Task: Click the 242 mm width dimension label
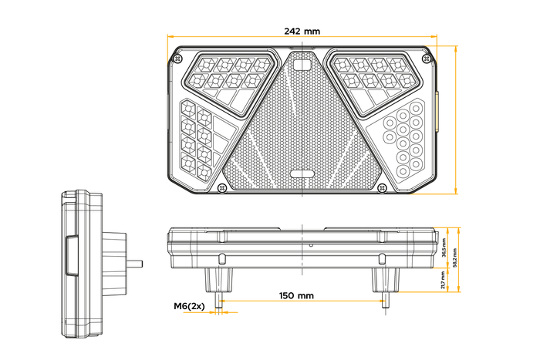tap(302, 32)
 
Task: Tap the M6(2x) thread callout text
tap(188, 307)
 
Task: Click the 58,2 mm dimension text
tap(455, 257)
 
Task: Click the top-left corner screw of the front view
tap(178, 58)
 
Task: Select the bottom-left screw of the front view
tap(222, 187)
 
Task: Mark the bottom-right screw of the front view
tap(381, 187)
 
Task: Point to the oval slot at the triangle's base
tap(302, 173)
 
